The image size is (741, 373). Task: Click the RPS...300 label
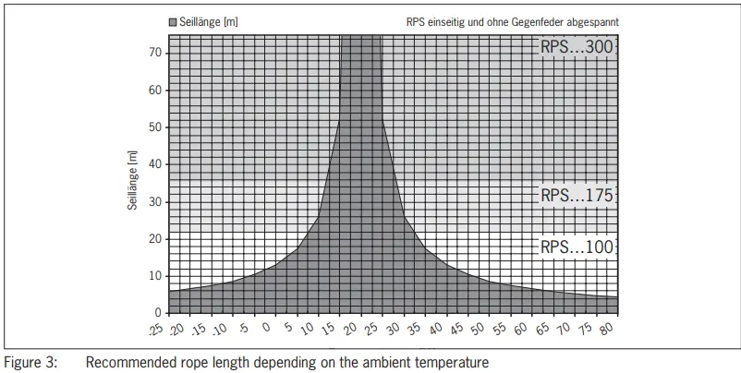coord(577,46)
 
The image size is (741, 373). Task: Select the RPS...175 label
coord(577,195)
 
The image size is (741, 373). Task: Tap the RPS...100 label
coord(577,247)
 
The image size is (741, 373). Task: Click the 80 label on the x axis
coord(608,328)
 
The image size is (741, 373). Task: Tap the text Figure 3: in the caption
coord(30,363)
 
